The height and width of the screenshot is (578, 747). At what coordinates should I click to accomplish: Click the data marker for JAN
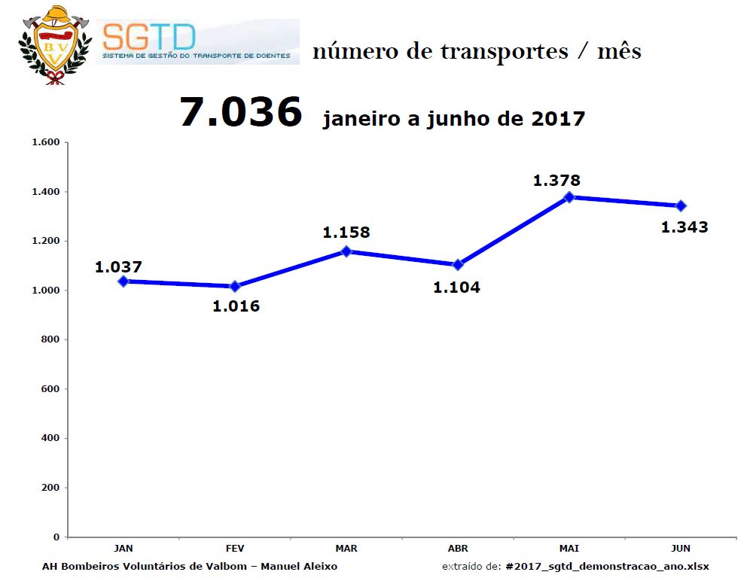[123, 281]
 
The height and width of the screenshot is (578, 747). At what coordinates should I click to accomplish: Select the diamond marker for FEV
[235, 286]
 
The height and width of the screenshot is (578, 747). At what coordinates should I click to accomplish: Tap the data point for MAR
[346, 251]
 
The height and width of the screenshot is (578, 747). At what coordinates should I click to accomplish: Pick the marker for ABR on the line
[458, 265]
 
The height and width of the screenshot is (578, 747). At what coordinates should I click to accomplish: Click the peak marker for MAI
[569, 197]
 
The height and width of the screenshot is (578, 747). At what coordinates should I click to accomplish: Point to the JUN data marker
[681, 205]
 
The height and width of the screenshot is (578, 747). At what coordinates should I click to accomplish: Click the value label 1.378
[556, 181]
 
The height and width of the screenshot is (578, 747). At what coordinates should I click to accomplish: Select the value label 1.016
[236, 306]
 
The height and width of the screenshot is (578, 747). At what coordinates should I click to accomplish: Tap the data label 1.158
[346, 233]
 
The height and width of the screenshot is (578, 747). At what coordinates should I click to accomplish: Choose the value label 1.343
[684, 227]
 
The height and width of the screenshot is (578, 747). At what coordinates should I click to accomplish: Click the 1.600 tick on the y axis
[46, 142]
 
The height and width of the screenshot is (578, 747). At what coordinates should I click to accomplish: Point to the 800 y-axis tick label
[50, 339]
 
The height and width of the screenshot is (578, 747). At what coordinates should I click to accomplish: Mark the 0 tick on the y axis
[56, 537]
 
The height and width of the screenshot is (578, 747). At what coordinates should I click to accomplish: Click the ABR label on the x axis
[458, 549]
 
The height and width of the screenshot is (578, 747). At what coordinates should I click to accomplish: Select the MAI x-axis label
[569, 549]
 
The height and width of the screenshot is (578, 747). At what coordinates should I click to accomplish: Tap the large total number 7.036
[241, 112]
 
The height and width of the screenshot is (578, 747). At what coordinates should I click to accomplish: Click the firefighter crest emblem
[55, 45]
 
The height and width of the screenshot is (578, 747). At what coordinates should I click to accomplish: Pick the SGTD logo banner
[198, 42]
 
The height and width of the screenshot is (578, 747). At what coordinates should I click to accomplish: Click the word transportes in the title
[504, 52]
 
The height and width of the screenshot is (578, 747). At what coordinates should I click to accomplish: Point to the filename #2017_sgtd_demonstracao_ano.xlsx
[608, 567]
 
